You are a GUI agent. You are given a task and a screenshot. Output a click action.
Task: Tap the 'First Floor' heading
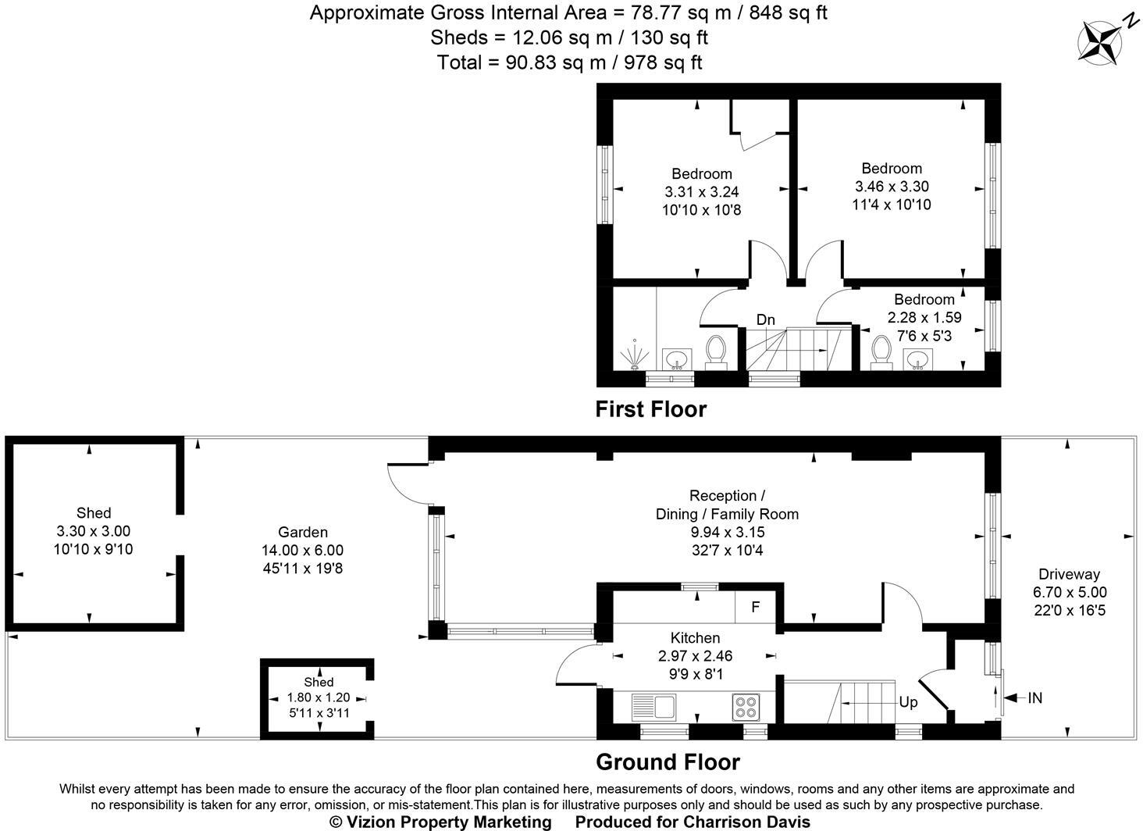point(650,409)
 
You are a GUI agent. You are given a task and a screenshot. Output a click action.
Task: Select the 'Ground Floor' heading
point(668,761)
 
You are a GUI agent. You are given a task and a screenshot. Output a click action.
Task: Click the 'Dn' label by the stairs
point(765,319)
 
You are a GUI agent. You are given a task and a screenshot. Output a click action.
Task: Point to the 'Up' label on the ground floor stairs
point(908,702)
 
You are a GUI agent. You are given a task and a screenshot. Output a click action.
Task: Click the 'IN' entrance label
point(1034,698)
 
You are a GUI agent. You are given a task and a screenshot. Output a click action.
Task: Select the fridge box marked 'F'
point(755,607)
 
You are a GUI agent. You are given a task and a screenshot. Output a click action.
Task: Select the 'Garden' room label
point(302,533)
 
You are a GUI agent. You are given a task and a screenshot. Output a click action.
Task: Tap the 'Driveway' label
point(1069,574)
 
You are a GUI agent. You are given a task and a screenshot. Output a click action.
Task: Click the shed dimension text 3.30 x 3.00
point(93,531)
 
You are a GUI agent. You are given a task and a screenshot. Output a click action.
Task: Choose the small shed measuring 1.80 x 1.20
point(319,697)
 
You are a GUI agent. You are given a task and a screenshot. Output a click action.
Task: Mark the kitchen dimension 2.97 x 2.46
point(695,656)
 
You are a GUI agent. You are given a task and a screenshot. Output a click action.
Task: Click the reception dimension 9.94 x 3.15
point(726,532)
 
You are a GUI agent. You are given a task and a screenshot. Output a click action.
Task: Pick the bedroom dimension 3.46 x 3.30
point(892,187)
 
